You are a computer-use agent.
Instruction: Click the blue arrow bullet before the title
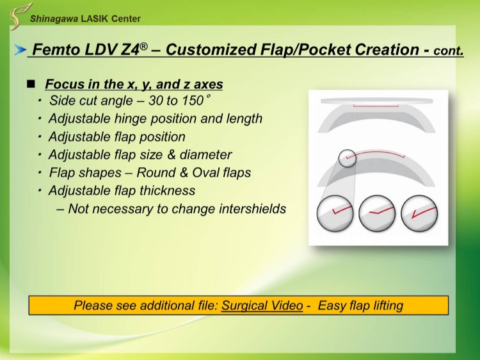[20, 49]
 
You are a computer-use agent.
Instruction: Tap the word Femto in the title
[56, 49]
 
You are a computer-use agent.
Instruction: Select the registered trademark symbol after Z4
[143, 46]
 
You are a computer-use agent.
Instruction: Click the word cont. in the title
[449, 51]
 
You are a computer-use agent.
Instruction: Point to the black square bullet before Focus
[31, 84]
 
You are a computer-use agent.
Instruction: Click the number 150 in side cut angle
[193, 101]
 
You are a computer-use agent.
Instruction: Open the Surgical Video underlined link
[262, 306]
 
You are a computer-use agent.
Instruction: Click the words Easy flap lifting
[360, 306]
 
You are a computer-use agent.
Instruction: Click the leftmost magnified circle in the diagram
[335, 213]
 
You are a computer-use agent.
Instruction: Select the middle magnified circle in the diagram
[377, 213]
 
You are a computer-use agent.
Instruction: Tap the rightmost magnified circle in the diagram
[419, 213]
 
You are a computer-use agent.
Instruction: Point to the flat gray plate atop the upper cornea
[377, 101]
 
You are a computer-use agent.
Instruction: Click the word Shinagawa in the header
[54, 19]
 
